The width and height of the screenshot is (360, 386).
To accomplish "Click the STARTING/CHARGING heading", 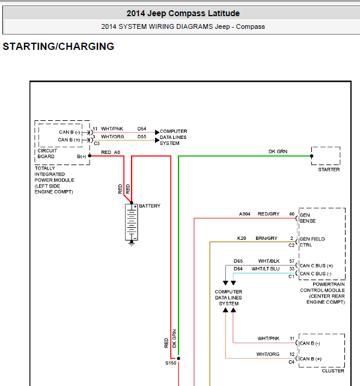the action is pos(58,46).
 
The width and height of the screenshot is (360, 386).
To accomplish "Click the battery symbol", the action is pos(132,224).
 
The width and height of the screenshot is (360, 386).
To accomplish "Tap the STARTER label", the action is pos(329,170).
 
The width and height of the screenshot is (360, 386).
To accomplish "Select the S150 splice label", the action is pos(171,363).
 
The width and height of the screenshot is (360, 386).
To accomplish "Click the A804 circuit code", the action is pos(245,214).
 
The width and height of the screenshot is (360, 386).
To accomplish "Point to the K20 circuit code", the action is pos(242,238).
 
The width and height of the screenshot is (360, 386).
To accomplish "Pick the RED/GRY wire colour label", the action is pos(269,214).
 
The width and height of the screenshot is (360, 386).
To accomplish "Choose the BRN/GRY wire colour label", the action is pos(266,238).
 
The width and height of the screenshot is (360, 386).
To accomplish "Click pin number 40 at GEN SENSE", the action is pos(291,214).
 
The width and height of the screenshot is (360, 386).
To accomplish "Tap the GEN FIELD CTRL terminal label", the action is pos(312,242).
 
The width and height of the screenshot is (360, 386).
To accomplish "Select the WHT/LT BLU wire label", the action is pos(266,269).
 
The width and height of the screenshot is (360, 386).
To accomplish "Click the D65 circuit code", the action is pos(238,261).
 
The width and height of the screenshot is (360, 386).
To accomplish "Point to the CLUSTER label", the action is pos(333,371).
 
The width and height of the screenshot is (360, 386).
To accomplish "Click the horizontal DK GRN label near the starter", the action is pos(278,152).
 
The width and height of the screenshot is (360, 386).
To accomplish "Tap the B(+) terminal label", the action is pos(82,156).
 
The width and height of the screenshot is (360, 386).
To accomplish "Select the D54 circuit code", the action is pos(142,129).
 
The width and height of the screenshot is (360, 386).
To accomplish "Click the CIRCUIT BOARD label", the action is pos(47,153).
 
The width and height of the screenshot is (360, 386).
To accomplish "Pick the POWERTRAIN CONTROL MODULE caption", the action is pos(322,293).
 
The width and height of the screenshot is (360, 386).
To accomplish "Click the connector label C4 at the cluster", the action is pos(291,362).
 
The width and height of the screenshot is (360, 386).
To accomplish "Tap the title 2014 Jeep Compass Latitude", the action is pos(183,13).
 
